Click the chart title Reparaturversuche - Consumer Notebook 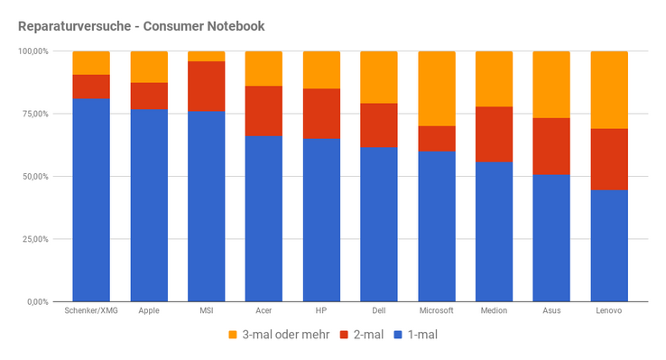pyautogui.click(x=142, y=26)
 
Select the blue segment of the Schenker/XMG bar pyautogui.click(x=91, y=200)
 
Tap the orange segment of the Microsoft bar pyautogui.click(x=437, y=88)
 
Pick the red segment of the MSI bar pyautogui.click(x=207, y=87)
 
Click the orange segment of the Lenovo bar pyautogui.click(x=609, y=90)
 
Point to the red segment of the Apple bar pyautogui.click(x=149, y=96)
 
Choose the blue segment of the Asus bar pyautogui.click(x=551, y=238)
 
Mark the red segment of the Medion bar pyautogui.click(x=494, y=134)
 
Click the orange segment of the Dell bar pyautogui.click(x=379, y=78)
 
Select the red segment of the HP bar pyautogui.click(x=321, y=114)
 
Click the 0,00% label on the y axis pyautogui.click(x=38, y=302)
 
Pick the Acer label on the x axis pyautogui.click(x=264, y=310)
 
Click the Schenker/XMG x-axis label pyautogui.click(x=91, y=310)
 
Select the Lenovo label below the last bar pyautogui.click(x=609, y=310)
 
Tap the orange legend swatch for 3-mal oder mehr pyautogui.click(x=232, y=335)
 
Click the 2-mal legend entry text pyautogui.click(x=369, y=335)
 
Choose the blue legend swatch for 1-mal pyautogui.click(x=398, y=335)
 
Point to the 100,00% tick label pyautogui.click(x=33, y=51)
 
